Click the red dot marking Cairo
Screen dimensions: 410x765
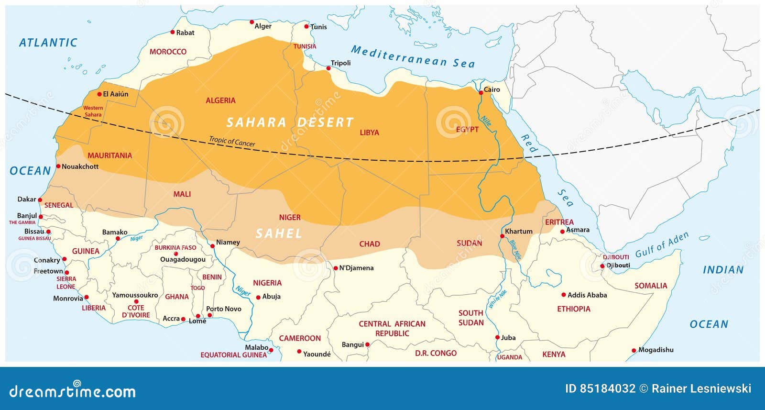coord(481,93)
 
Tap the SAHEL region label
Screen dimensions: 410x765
coord(279,233)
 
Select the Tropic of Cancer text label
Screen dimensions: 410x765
coord(232,142)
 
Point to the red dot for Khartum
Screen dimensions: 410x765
coord(502,236)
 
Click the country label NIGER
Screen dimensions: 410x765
coord(290,217)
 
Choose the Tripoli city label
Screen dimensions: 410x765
coord(340,63)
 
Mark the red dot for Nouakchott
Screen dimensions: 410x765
coord(58,166)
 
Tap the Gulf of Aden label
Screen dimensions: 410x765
coord(662,245)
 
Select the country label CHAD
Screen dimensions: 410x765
coord(370,244)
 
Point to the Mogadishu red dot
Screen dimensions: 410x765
coord(634,351)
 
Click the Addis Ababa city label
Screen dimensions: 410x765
coord(587,295)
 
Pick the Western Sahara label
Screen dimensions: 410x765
coord(93,111)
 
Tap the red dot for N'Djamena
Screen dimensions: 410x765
coord(336,268)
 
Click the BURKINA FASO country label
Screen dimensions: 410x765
coord(175,247)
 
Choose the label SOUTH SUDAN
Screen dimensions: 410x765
coord(471,318)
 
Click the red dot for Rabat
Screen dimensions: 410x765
coord(173,32)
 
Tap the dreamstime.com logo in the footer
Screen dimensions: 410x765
coord(73,391)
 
